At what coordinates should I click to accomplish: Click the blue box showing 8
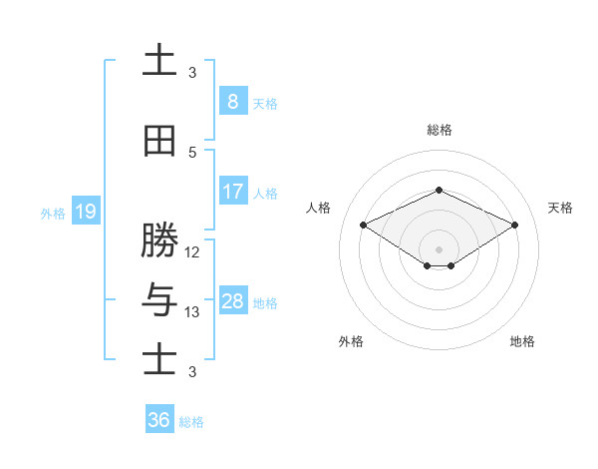click(232, 102)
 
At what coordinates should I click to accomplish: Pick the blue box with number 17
click(232, 192)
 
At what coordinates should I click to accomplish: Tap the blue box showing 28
click(232, 301)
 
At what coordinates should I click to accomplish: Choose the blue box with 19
click(85, 212)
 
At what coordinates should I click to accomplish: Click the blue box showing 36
click(159, 420)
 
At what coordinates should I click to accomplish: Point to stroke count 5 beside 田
click(192, 153)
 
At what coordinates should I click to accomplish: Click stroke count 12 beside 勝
click(192, 252)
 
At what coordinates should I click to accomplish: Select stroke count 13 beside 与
click(192, 312)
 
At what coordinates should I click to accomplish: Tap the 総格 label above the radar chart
click(439, 130)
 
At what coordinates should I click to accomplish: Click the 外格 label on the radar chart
click(351, 341)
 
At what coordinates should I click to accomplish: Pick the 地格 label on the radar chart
click(522, 341)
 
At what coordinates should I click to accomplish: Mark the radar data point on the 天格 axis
click(515, 225)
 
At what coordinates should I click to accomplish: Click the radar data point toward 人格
click(363, 225)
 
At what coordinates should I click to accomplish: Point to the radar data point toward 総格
click(439, 190)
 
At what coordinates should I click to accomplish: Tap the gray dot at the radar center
click(439, 248)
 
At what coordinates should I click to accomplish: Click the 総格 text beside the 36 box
click(191, 422)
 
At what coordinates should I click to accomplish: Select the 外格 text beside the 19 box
click(53, 213)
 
